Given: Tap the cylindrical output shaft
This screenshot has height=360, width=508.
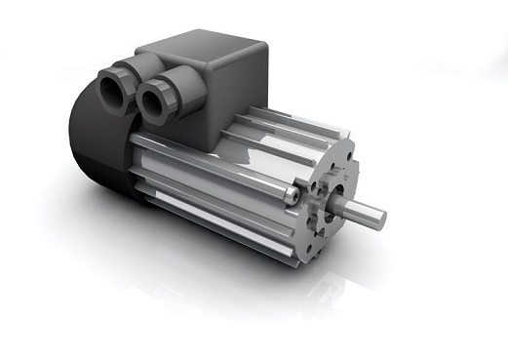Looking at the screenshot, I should (x=361, y=211).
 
